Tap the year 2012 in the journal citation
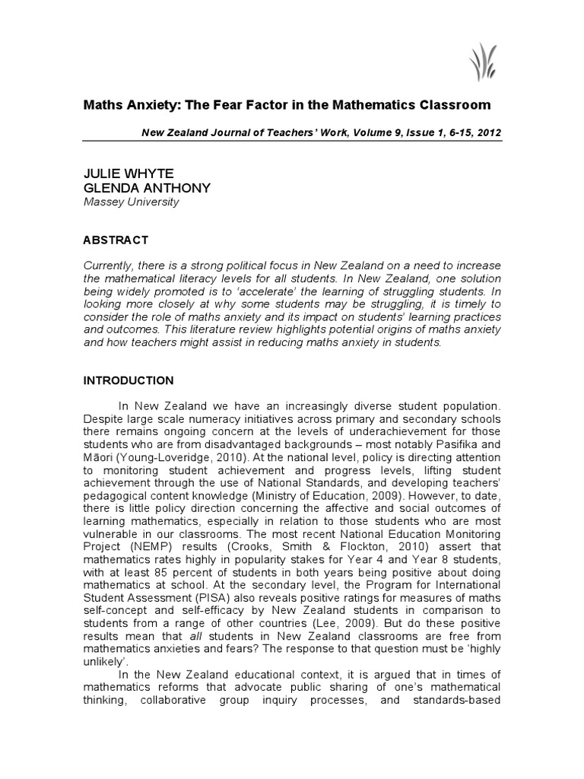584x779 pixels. pos(488,132)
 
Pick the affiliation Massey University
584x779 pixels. pos(131,202)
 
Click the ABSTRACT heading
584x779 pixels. pos(116,240)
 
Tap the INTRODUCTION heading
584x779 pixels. pos(128,380)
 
